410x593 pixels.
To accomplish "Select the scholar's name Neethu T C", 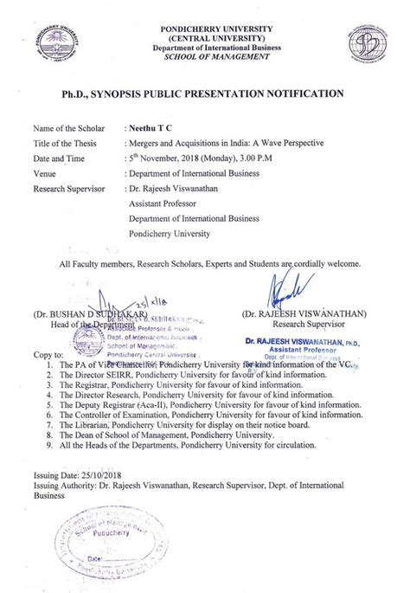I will [150, 126].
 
